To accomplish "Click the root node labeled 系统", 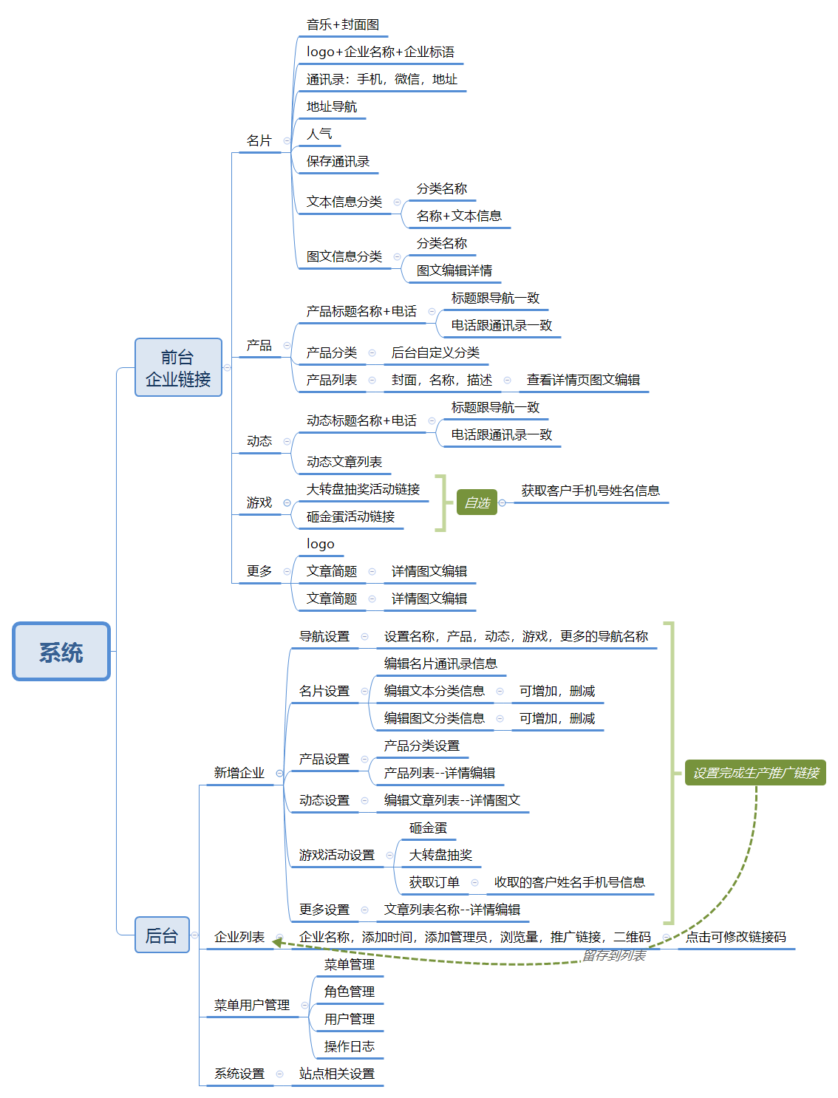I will pos(61,652).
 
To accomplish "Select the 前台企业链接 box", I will pos(178,368).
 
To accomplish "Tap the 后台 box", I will pos(162,935).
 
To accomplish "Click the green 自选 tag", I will pos(477,503).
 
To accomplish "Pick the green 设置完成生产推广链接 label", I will pos(755,773).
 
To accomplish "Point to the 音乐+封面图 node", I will pos(343,25).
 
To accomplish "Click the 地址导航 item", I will pos(332,107).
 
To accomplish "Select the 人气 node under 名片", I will pos(319,134).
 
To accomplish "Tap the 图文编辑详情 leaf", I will pos(454,271).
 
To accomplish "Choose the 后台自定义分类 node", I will pos(435,353).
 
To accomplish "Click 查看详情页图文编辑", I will pos(583,381).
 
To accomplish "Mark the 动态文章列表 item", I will pos(344,463).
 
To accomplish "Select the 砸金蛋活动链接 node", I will pos(350,517).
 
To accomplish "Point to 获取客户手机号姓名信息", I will pos(590,491).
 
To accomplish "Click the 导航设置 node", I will pos(324,637).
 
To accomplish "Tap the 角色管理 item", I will pos(350,992).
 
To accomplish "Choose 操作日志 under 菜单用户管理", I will pos(350,1047).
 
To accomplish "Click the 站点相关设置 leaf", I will pos(337,1074).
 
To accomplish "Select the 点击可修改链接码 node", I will pos(736,938).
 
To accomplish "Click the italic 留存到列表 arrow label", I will pos(614,956).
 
